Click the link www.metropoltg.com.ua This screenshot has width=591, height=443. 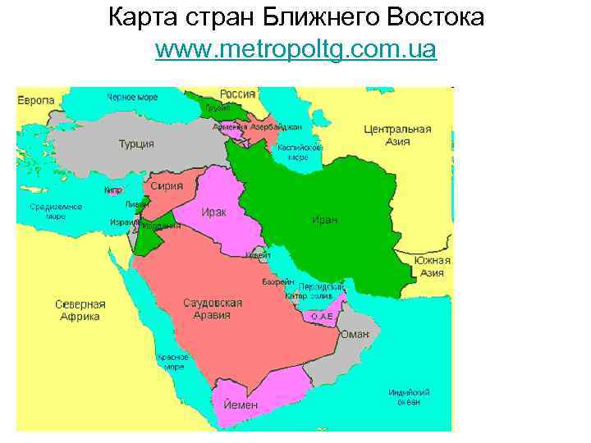[x=295, y=51]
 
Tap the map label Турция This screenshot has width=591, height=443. [x=136, y=144]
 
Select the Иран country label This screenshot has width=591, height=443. [x=324, y=219]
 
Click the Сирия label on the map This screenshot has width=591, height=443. [x=167, y=186]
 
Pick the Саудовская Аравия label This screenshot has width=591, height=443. [x=212, y=308]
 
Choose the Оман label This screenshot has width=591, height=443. [x=355, y=333]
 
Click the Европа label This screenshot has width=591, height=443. [x=36, y=100]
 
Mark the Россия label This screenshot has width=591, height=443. [x=236, y=94]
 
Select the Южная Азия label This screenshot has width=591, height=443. [x=432, y=266]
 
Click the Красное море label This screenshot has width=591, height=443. [x=172, y=362]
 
